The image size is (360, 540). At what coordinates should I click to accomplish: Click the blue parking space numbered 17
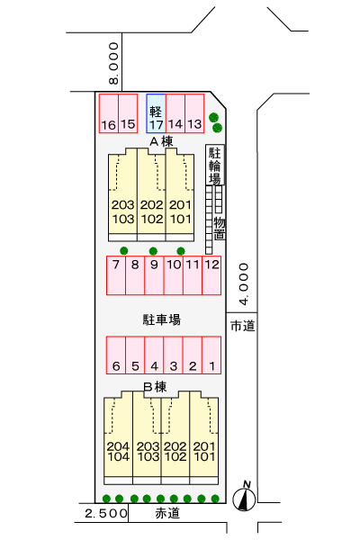tap(156, 113)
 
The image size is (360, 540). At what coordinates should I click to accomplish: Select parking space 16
tap(109, 113)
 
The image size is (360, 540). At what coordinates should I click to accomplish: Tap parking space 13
tap(194, 113)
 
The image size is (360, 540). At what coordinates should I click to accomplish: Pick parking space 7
tap(116, 275)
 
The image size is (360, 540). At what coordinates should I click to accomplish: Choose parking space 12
tap(211, 275)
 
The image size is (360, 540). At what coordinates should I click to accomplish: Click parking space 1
tap(211, 355)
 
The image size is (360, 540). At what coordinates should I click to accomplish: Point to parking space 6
tap(116, 355)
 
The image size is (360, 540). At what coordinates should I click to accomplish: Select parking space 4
tap(154, 355)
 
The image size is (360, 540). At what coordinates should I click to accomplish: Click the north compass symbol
tap(244, 497)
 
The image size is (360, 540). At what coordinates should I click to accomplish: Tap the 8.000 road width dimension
tap(113, 63)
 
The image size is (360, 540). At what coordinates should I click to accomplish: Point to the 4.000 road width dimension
tap(244, 284)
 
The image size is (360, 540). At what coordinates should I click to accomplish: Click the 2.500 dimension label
tap(106, 514)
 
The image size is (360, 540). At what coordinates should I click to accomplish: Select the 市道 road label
tap(242, 326)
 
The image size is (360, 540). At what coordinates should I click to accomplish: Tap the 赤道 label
tap(167, 513)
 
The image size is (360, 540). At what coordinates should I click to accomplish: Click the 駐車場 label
tap(162, 319)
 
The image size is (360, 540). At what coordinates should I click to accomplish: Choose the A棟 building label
tap(161, 141)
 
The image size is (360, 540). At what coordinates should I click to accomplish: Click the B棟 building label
tap(155, 387)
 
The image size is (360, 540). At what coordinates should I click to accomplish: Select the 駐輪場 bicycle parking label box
tap(215, 165)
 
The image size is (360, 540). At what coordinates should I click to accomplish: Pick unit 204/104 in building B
tap(118, 437)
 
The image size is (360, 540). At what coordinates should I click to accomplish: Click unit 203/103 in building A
tap(122, 194)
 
